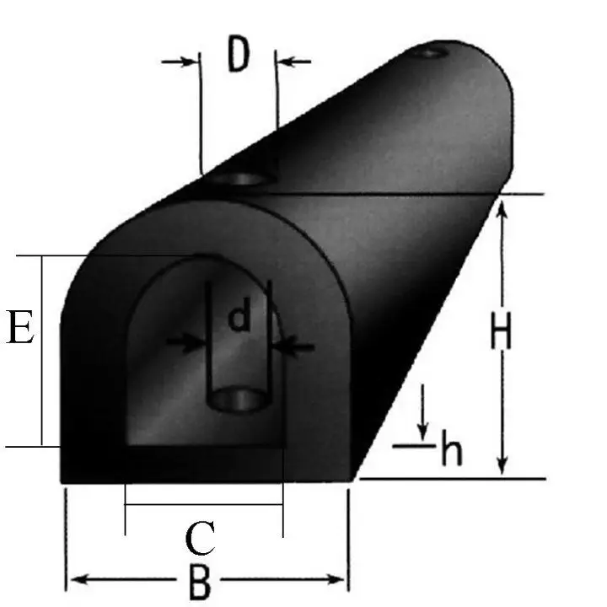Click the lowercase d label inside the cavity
(240, 318)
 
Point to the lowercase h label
(452, 452)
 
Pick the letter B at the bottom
(199, 582)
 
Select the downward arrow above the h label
(423, 413)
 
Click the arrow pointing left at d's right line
(295, 346)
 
